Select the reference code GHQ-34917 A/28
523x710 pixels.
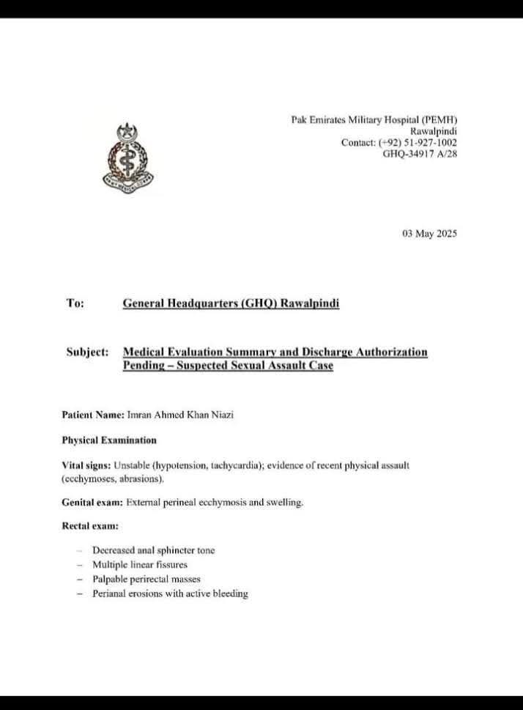(420, 154)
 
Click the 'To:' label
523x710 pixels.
(75, 303)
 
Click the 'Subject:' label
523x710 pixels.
(88, 352)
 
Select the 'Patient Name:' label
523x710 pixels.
(93, 415)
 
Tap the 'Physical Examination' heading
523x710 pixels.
(108, 440)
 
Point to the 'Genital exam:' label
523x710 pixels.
(92, 503)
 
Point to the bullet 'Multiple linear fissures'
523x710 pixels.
(140, 564)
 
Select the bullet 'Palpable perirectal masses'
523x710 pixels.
(146, 579)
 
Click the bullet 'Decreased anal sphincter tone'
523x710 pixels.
(153, 550)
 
